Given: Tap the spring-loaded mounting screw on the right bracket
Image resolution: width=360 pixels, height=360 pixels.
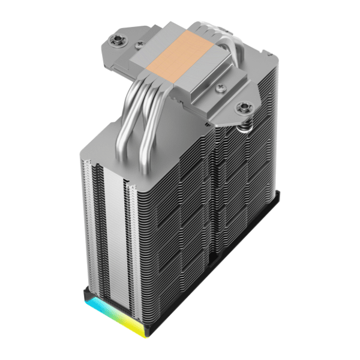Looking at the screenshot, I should point(244,108).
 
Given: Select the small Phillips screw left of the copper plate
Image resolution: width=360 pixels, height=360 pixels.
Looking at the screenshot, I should point(140,44).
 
